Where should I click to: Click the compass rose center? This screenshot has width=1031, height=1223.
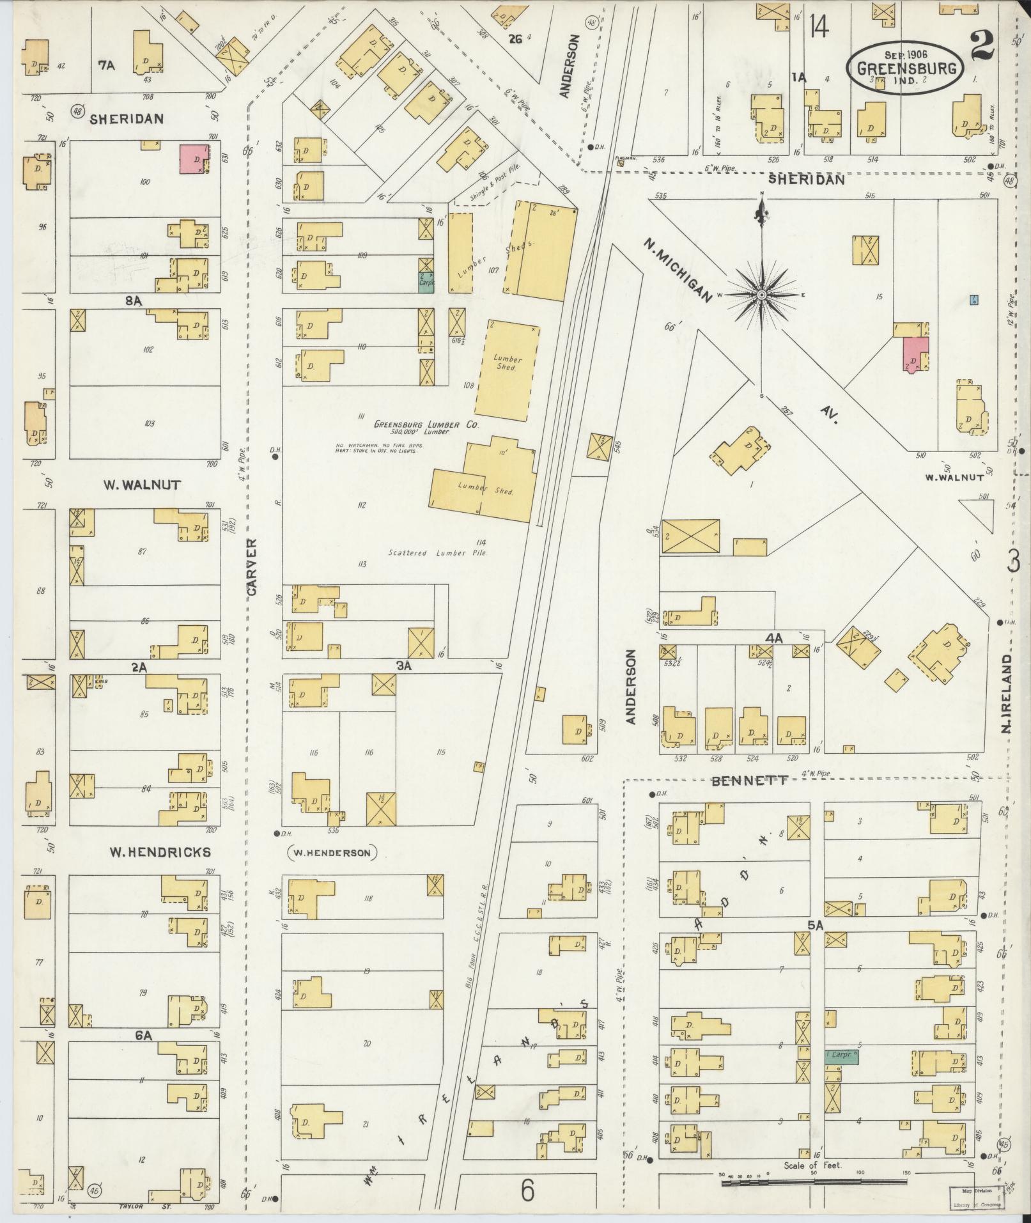pos(762,295)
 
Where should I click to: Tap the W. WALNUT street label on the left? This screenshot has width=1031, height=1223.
pos(142,485)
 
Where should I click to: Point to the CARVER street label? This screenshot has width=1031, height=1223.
pos(252,568)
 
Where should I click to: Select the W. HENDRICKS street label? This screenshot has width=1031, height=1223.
pos(160,852)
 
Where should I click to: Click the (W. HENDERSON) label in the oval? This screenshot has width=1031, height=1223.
pos(332,852)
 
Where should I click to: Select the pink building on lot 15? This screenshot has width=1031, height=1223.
pos(914,354)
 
